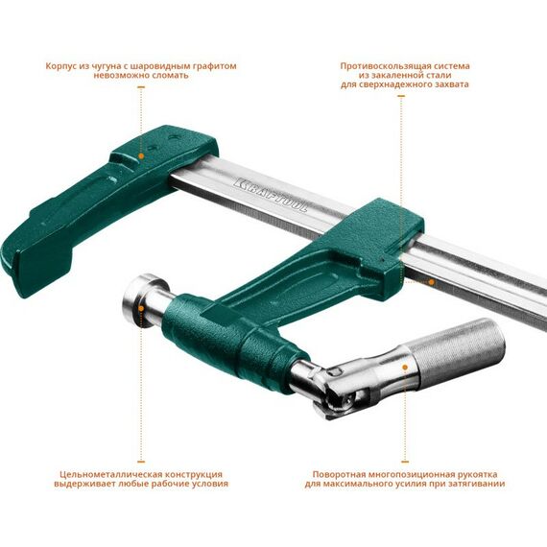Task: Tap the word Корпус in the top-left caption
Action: click(64, 66)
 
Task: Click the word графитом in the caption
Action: click(213, 66)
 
